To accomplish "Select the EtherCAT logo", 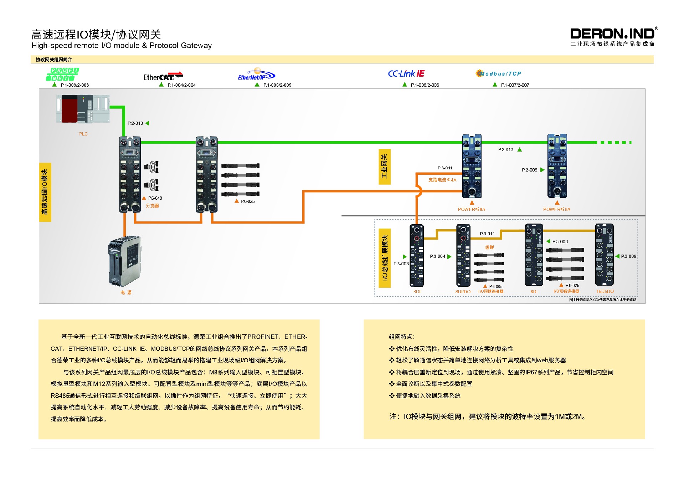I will coord(163,76).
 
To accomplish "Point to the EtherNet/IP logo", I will coord(256,75).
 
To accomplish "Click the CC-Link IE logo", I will coord(406,73).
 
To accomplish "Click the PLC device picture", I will coord(83,109).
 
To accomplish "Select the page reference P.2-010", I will coord(135,123).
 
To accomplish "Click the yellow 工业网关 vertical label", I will coord(384,167).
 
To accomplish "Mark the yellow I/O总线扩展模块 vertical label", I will coord(385,258).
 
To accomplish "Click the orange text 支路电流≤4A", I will coord(442,180).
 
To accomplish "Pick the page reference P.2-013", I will coord(506,150).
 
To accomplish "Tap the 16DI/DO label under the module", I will coord(605,291).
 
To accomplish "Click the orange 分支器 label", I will coord(152,206).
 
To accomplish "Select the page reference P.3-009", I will coord(628,256).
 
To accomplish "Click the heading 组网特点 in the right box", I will coord(401,337).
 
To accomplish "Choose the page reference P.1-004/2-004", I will coord(181,85).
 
